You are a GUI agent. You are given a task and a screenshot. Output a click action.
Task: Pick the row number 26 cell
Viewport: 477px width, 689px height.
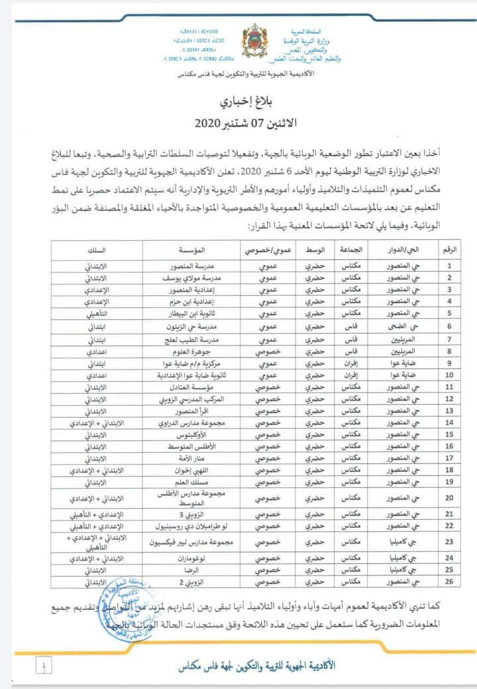coord(450,582)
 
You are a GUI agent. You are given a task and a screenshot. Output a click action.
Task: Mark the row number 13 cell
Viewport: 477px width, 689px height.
coord(450,411)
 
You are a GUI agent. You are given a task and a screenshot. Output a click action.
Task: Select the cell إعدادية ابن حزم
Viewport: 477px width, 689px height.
coord(185,302)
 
